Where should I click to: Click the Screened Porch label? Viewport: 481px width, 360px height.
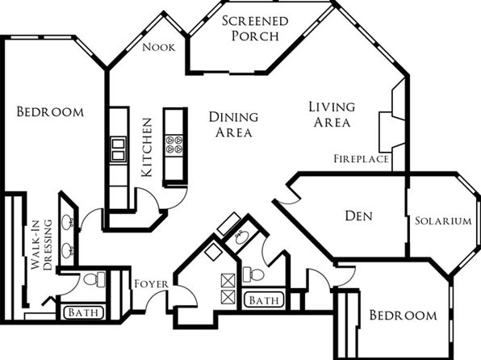tap(255, 28)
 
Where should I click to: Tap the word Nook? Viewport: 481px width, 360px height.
tap(159, 48)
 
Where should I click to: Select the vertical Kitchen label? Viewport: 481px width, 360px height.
tap(147, 148)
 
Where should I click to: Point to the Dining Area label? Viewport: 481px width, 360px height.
tap(233, 124)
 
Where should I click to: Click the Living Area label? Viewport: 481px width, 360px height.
tap(332, 115)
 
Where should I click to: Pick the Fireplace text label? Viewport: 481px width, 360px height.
tap(361, 159)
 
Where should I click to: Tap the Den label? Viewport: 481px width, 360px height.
tap(358, 216)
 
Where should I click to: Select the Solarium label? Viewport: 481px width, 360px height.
tap(443, 220)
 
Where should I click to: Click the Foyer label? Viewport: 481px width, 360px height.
tap(151, 284)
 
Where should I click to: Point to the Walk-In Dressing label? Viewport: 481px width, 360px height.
tap(42, 245)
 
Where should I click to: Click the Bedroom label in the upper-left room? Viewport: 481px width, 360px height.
tap(50, 111)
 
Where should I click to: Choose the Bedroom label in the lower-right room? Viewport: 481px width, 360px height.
tap(403, 315)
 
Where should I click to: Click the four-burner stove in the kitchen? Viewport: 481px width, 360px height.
tap(174, 144)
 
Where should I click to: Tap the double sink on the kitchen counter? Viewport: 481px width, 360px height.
tap(118, 149)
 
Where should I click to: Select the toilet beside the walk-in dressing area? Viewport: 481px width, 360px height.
tap(94, 279)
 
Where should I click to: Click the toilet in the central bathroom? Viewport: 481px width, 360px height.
tap(253, 274)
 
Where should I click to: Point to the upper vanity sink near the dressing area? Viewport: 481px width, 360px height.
tap(67, 222)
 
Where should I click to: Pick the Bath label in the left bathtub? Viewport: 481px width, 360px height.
tap(83, 312)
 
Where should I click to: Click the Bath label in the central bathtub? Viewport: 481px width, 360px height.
tap(264, 300)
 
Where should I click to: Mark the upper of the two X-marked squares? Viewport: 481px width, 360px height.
tap(228, 281)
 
